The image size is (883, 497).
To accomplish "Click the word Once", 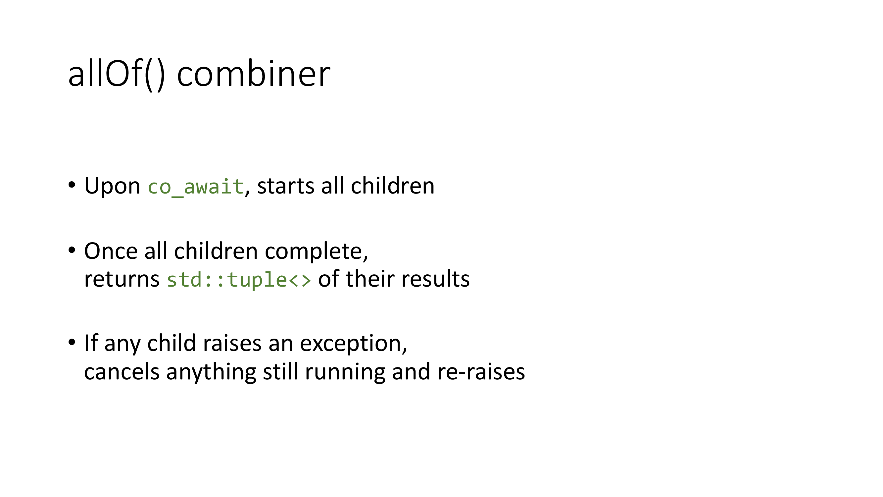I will click(111, 251).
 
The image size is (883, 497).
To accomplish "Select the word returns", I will click(122, 279).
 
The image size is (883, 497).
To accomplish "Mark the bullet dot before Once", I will click(72, 250).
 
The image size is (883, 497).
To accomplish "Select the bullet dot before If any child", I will click(72, 342).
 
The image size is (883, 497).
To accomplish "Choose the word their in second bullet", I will click(370, 279).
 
